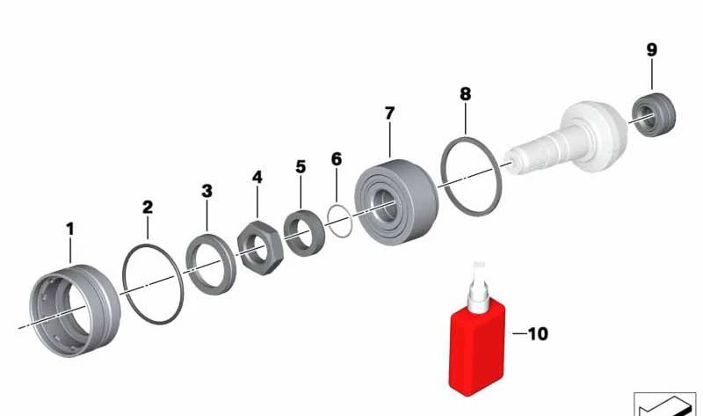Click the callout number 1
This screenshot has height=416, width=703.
70,229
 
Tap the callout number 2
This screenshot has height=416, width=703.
148,207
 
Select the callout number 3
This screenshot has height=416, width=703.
207,191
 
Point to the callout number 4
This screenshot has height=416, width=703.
257,177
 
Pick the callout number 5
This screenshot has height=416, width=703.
301,167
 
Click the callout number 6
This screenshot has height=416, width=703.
337,159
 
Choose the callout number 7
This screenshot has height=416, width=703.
389,113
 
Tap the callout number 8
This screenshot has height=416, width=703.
466,94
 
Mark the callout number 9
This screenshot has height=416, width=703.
652,49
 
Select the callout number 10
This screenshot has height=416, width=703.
538,334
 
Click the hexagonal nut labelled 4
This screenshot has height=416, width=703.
259,247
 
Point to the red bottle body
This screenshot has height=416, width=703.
477,348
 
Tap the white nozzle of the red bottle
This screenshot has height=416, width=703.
479,288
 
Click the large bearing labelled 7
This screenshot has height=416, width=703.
397,201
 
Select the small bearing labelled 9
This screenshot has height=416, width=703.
654,114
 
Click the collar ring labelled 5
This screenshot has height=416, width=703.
304,233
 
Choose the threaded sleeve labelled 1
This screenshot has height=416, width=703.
75,310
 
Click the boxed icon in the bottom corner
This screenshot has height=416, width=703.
665,404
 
